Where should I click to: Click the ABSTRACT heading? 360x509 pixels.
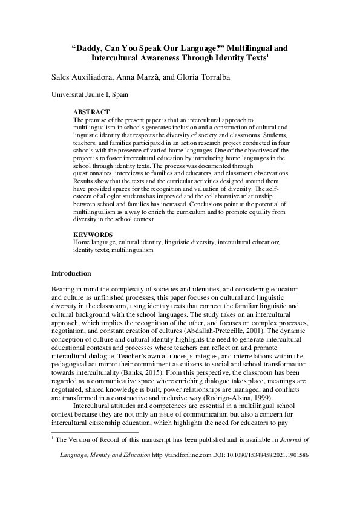[91, 112]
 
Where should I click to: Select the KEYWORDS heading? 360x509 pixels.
[93, 234]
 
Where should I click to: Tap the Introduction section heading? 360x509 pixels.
[71, 273]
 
